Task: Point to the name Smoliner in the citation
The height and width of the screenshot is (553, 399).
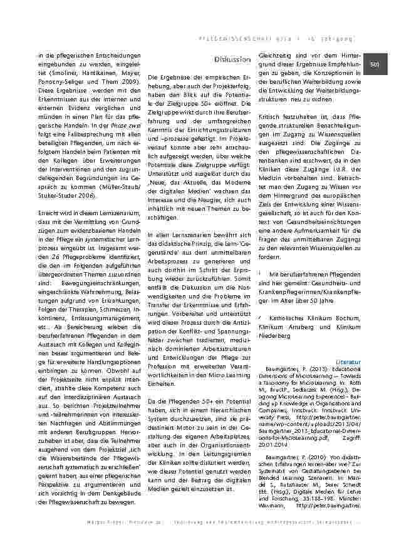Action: pos(51,73)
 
